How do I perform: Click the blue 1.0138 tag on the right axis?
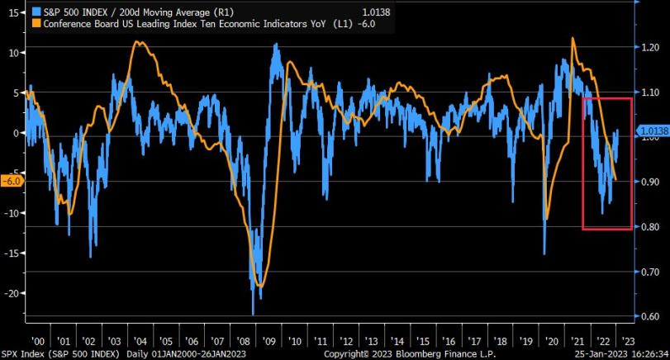tap(653, 130)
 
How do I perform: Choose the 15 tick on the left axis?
tap(12, 13)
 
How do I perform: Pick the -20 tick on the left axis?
tap(10, 293)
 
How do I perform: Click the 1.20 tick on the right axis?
tap(650, 48)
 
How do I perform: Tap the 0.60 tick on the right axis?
tap(650, 315)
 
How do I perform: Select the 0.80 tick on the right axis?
tap(650, 226)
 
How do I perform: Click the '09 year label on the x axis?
tap(268, 340)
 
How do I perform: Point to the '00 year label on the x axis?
tap(36, 340)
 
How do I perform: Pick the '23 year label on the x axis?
tap(628, 340)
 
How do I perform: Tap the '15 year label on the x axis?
tap(423, 340)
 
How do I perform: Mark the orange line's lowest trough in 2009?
tap(261, 287)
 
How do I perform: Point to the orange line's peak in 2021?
tap(573, 38)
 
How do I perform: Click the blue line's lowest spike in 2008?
tap(253, 314)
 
